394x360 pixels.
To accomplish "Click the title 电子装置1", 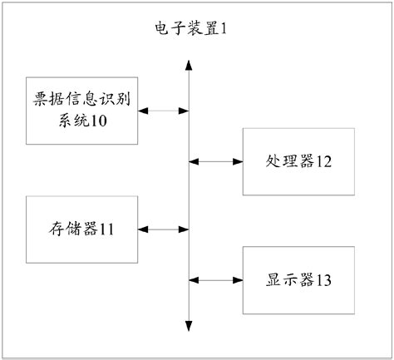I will pyautogui.click(x=190, y=29).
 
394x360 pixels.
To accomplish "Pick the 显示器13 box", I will pyautogui.click(x=298, y=279).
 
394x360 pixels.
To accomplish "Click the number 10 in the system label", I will pyautogui.click(x=99, y=121).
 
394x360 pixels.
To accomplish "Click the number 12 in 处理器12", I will pyautogui.click(x=323, y=161).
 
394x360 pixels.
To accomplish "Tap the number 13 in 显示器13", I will pyautogui.click(x=323, y=280).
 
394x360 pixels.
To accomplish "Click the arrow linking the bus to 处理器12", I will pyautogui.click(x=216, y=160).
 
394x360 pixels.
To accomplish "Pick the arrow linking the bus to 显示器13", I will pyautogui.click(x=216, y=279).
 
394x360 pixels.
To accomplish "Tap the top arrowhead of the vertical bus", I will pyautogui.click(x=190, y=64).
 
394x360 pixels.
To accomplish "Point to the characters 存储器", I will pyautogui.click(x=71, y=228).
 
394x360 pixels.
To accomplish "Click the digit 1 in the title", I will pyautogui.click(x=223, y=29).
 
